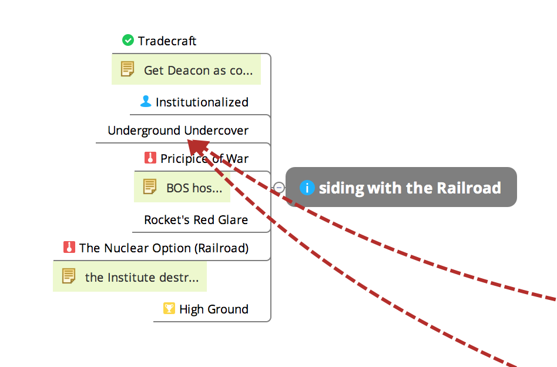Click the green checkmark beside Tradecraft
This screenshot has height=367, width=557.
[x=128, y=40]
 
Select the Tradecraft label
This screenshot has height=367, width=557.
[x=167, y=41]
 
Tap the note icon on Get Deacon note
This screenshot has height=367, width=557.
[x=127, y=69]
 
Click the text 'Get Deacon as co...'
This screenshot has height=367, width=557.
[x=198, y=71]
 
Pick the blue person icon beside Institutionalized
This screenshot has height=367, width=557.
[x=146, y=102]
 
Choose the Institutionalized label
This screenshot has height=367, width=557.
[x=202, y=102]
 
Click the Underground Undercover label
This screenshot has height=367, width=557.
[x=177, y=131]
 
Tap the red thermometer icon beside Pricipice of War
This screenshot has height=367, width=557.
[x=150, y=158]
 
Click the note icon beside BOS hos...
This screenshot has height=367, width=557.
[x=150, y=187]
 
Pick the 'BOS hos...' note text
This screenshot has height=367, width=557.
[x=194, y=188]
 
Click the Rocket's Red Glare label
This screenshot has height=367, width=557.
[x=196, y=220]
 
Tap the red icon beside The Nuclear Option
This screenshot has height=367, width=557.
[x=69, y=248]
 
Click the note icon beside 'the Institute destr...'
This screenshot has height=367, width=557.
[x=69, y=276]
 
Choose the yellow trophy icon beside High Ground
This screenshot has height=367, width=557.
[x=169, y=308]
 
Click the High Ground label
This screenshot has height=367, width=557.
[x=213, y=309]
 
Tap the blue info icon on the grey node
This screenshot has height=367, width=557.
[x=307, y=188]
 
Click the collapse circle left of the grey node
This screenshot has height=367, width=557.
[x=279, y=188]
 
